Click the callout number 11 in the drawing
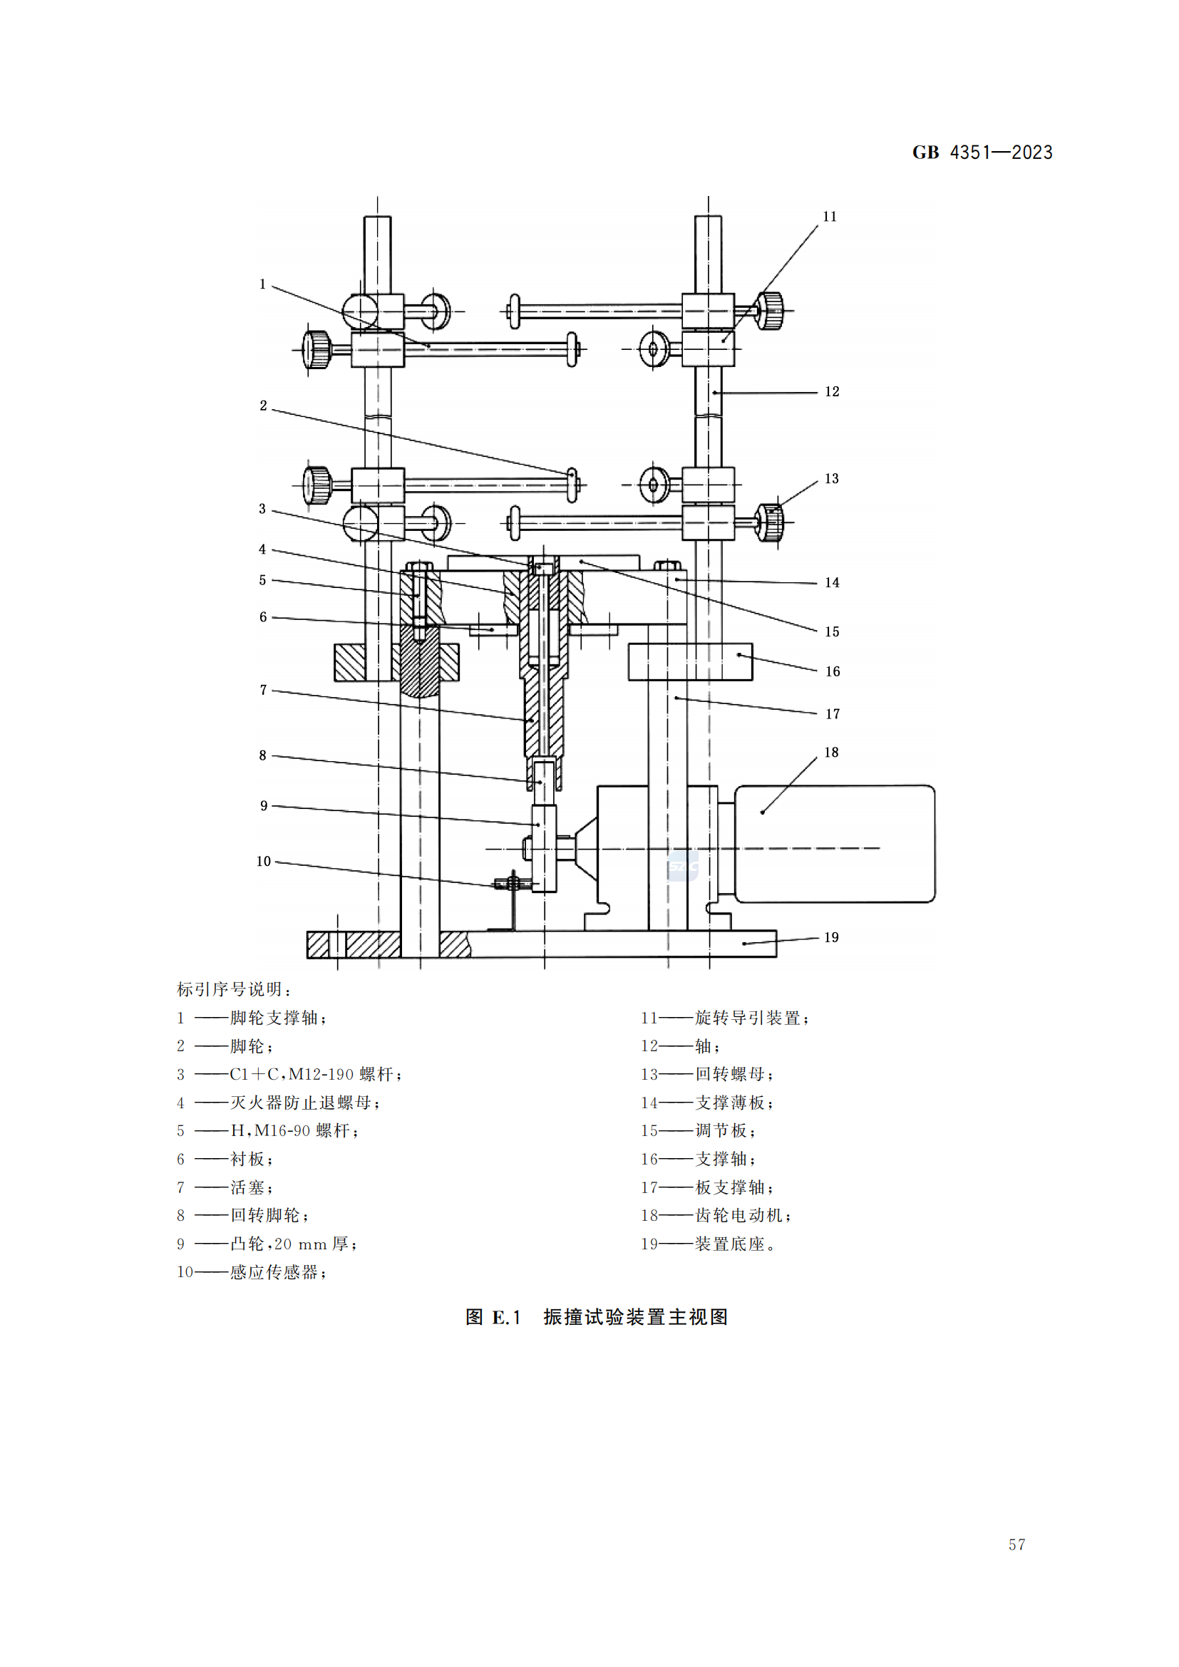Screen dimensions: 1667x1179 point(829,217)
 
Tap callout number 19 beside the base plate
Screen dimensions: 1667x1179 point(831,937)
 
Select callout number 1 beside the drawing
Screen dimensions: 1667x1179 point(263,284)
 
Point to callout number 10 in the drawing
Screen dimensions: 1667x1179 point(264,861)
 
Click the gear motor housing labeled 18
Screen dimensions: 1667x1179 point(835,844)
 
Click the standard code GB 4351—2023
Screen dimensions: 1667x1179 point(982,153)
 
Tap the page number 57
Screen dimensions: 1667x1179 point(1016,1544)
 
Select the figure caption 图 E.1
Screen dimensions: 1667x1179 point(596,1317)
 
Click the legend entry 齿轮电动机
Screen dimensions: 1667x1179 point(742,1215)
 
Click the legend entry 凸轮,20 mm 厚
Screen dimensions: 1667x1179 point(292,1244)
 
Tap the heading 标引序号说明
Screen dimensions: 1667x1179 point(234,989)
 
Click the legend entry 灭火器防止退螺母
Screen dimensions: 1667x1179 point(304,1103)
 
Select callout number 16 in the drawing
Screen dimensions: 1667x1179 point(832,671)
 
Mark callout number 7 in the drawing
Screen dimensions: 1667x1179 point(264,690)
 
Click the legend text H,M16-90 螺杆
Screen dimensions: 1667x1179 point(293,1130)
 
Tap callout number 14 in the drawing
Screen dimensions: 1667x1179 point(832,582)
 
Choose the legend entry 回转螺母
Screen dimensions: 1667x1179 point(733,1074)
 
